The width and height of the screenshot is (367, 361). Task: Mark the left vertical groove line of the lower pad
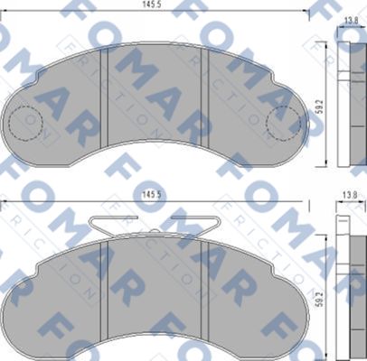pos(107,289)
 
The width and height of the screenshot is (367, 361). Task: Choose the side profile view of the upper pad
pos(349,99)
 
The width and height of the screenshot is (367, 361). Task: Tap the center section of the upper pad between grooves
pos(157,95)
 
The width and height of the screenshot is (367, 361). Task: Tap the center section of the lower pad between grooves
pos(157,289)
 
